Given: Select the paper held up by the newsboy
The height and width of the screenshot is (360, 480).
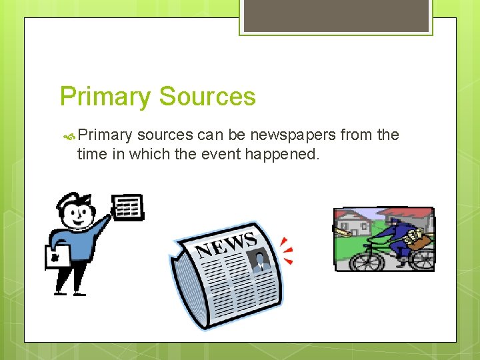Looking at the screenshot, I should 128,207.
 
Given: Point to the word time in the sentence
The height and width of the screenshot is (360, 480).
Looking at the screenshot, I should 91,154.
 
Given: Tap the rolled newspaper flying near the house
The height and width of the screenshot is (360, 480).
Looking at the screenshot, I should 345,232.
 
